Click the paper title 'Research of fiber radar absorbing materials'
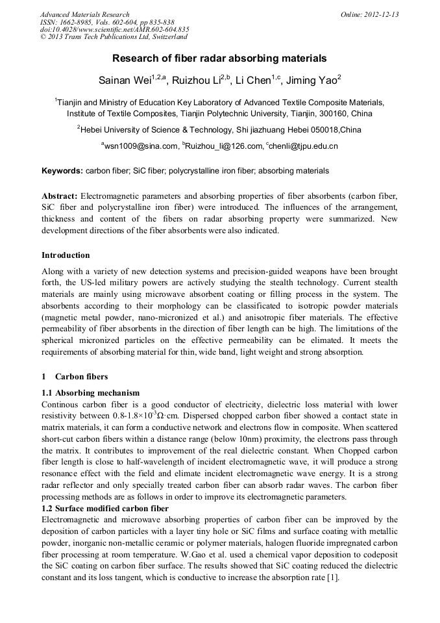point(219,58)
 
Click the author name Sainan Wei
point(120,80)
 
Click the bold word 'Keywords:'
point(62,171)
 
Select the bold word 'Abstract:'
point(60,196)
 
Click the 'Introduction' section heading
point(66,255)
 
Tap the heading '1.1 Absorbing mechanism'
point(90,392)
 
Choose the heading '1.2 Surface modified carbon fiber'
point(104,508)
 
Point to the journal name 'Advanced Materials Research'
point(84,14)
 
